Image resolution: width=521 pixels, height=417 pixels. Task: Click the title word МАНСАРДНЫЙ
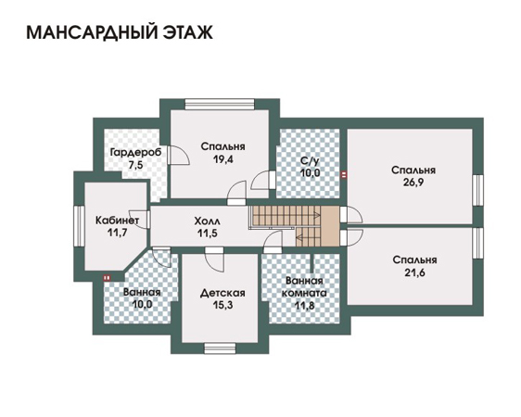pos(92,32)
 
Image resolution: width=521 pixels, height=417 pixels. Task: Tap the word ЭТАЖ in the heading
pos(188,32)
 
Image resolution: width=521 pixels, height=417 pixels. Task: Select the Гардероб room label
pos(136,152)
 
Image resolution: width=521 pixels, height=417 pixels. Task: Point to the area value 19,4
pos(223,159)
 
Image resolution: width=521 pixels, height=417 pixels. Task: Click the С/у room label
pos(310,161)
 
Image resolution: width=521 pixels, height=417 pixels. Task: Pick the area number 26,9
pos(413,183)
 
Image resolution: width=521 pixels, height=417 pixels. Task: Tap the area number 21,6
pos(415,272)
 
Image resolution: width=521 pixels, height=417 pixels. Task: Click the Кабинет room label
pos(117,221)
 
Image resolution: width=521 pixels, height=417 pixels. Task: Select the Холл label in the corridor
pos(208,221)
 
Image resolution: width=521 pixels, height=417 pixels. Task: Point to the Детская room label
pos(222,293)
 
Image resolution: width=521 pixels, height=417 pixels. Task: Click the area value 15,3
pos(222,305)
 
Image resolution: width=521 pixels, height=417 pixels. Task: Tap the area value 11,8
pos(304,305)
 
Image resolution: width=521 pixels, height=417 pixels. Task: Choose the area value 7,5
pos(136,165)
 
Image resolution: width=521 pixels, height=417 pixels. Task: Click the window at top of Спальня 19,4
pos(220,104)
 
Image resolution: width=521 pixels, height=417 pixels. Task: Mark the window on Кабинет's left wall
pos(79,226)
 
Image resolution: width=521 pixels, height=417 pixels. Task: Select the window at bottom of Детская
pos(220,348)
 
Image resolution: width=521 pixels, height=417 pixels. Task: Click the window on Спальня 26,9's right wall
pos(477,190)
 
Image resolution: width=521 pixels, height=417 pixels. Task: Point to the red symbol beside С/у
pos(344,174)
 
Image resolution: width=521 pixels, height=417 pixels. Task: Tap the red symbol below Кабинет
pos(107,278)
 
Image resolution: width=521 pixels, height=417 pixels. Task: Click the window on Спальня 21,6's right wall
pos(477,243)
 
